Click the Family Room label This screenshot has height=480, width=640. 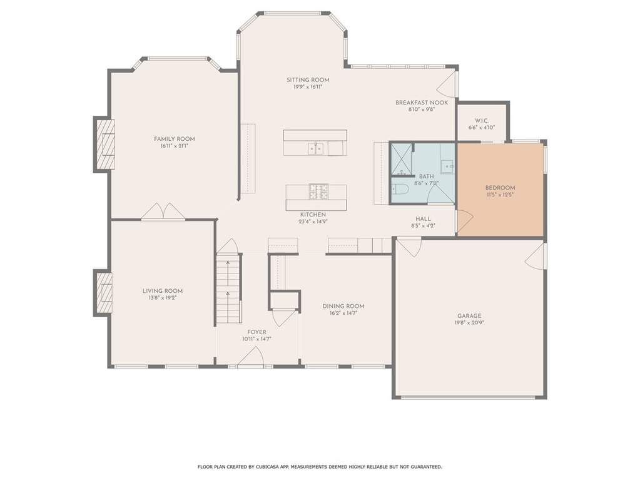click(x=175, y=139)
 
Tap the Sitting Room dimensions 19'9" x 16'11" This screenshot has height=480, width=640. click(x=308, y=87)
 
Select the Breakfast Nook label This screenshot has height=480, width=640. click(x=422, y=103)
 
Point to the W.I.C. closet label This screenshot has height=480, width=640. click(x=482, y=121)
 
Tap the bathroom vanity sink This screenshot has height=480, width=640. click(x=448, y=166)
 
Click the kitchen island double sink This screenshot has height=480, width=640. click(x=315, y=148)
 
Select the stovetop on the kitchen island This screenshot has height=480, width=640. click(x=318, y=192)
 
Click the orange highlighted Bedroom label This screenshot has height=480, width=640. click(x=500, y=188)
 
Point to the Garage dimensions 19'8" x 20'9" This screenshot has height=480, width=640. click(x=469, y=323)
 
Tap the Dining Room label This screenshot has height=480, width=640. click(x=343, y=306)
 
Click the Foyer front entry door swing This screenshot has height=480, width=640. click(x=250, y=356)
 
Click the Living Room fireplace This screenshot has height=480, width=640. click(x=103, y=292)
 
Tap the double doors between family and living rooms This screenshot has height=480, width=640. click(x=163, y=212)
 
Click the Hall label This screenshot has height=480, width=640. click(x=424, y=219)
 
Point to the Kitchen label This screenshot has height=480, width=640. click(x=313, y=215)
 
